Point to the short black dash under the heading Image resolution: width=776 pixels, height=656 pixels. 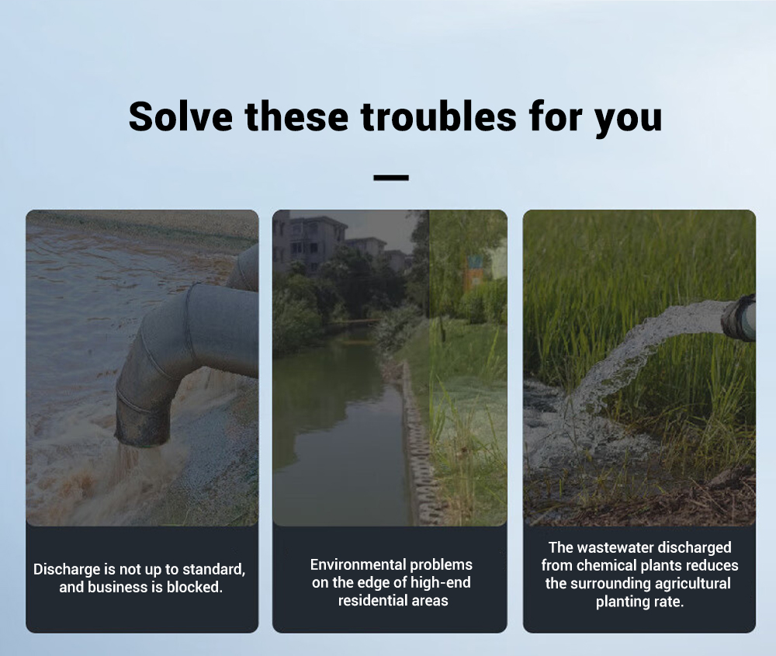click(391, 177)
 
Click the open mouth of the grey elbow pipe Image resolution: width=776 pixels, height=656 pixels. click(142, 435)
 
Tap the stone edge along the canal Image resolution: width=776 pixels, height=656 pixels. click(416, 441)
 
